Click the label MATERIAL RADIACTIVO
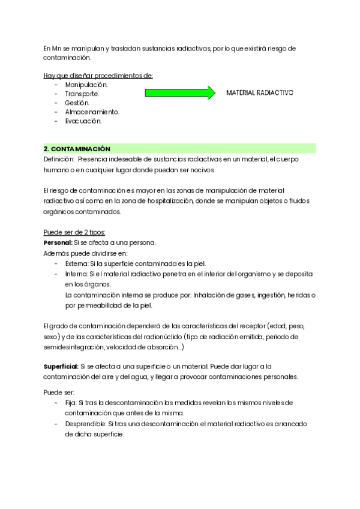259,94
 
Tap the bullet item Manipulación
86,85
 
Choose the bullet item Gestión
77,103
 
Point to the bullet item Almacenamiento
92,112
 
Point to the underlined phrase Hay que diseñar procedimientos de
98,75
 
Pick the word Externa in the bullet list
77,264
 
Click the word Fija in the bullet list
71,402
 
